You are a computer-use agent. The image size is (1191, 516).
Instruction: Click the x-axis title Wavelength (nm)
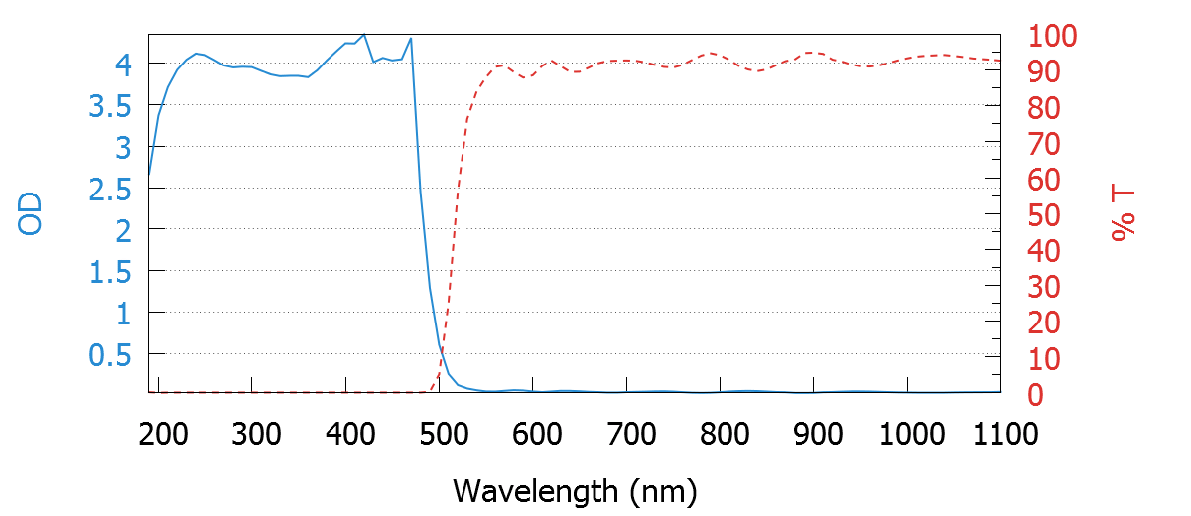coord(575,490)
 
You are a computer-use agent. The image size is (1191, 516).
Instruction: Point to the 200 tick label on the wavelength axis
coord(164,434)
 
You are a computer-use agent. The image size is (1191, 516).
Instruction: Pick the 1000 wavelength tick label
coord(911,434)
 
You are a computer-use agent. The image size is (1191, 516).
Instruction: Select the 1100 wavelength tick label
coord(1002,434)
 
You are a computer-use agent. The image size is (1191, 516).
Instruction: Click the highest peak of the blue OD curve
coord(364,35)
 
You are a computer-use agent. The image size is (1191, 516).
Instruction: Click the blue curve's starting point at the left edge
coord(149,175)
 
